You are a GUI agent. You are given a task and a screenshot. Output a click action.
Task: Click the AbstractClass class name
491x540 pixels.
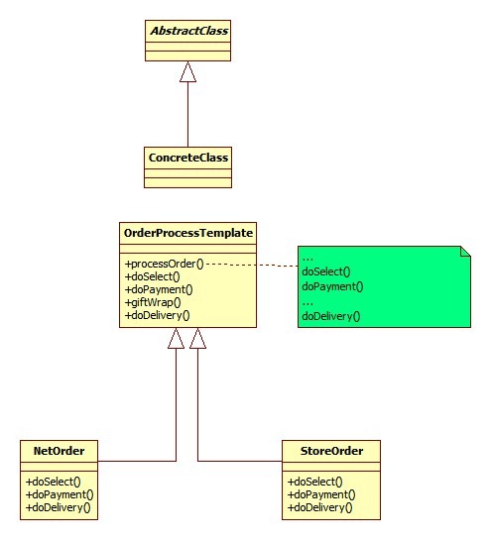(x=187, y=31)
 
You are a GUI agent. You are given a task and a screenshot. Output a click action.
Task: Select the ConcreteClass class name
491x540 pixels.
(x=187, y=157)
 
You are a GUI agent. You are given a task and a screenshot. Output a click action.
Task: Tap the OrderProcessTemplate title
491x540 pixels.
(x=188, y=233)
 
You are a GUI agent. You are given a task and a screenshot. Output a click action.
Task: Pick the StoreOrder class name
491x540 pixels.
(x=330, y=451)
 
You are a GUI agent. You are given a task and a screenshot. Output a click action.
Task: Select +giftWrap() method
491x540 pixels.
(x=153, y=302)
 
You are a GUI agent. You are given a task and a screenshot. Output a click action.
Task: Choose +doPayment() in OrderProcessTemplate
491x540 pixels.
(x=159, y=289)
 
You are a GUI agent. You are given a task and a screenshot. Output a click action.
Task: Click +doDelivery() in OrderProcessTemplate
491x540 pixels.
(x=158, y=315)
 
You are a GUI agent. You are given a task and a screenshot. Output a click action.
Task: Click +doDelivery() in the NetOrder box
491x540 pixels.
(x=58, y=507)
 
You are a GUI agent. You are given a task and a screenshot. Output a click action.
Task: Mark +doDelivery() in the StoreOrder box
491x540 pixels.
(x=320, y=507)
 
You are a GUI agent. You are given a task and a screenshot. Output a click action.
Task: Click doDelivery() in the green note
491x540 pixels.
(x=331, y=316)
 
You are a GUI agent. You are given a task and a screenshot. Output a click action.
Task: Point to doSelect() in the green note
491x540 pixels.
(x=326, y=271)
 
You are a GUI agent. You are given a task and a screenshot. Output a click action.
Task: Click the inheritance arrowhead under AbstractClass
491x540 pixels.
(x=187, y=71)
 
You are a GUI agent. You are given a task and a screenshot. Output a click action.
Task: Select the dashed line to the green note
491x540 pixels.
(x=253, y=265)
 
